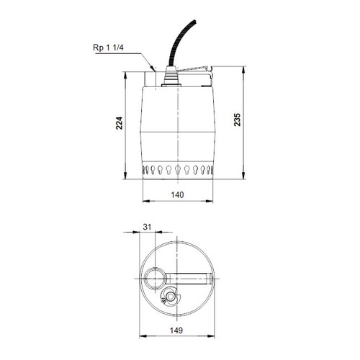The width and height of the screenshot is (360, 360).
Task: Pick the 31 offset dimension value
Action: pos(148,228)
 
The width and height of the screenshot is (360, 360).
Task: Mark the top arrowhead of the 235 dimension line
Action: pos(248,69)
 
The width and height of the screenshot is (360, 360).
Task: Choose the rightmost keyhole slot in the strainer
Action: pos(211,171)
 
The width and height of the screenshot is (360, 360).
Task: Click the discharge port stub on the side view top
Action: pos(152,74)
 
